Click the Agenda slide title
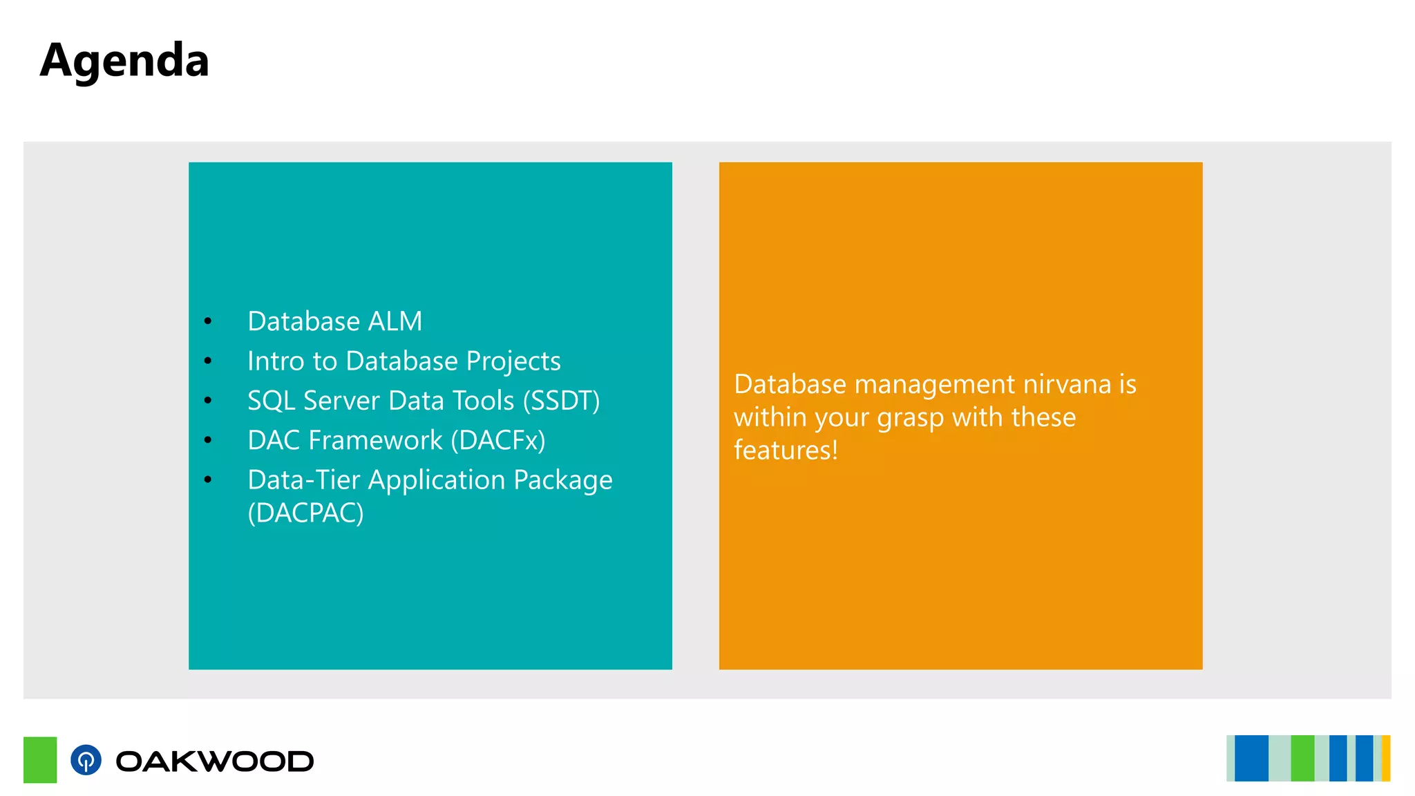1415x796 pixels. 124,61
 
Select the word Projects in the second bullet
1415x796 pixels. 513,361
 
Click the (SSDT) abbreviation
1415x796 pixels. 561,401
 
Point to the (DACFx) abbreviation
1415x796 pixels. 497,440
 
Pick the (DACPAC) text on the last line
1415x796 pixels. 305,513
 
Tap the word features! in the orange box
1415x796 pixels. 786,451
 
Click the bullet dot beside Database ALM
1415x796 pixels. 208,321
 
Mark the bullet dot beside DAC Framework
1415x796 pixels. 208,440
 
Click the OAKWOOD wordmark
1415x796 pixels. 214,761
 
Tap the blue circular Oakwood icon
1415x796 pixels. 86,760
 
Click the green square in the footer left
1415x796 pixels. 40,759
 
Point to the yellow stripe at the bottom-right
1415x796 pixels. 1385,758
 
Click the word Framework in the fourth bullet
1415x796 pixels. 375,440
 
